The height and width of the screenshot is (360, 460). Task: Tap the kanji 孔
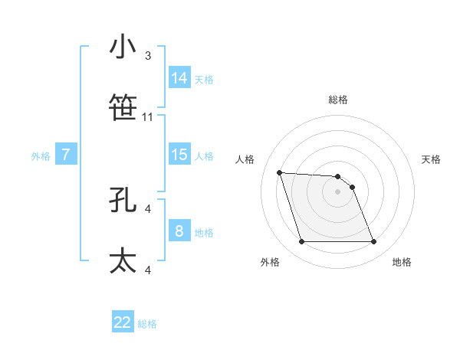123,199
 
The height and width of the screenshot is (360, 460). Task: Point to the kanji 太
123,260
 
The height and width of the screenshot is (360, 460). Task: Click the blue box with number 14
179,77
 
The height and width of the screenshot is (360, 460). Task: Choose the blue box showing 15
179,154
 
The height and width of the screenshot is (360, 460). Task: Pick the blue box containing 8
179,231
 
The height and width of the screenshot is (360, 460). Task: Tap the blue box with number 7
66,155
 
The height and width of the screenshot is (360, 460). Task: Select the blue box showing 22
123,322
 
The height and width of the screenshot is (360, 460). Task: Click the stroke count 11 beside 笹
148,117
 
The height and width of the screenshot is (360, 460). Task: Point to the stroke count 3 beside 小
148,56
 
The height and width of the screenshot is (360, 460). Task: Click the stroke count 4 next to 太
148,270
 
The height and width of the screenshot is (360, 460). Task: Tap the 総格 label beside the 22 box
147,324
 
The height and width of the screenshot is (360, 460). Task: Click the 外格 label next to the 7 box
41,156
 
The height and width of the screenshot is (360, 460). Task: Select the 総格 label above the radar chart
338,100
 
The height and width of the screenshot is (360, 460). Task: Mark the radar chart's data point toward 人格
279,172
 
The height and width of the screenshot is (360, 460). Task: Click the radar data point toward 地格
373,242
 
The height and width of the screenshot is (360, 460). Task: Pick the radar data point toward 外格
301,242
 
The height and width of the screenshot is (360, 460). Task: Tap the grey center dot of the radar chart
337,191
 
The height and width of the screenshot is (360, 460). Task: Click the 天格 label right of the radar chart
432,159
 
